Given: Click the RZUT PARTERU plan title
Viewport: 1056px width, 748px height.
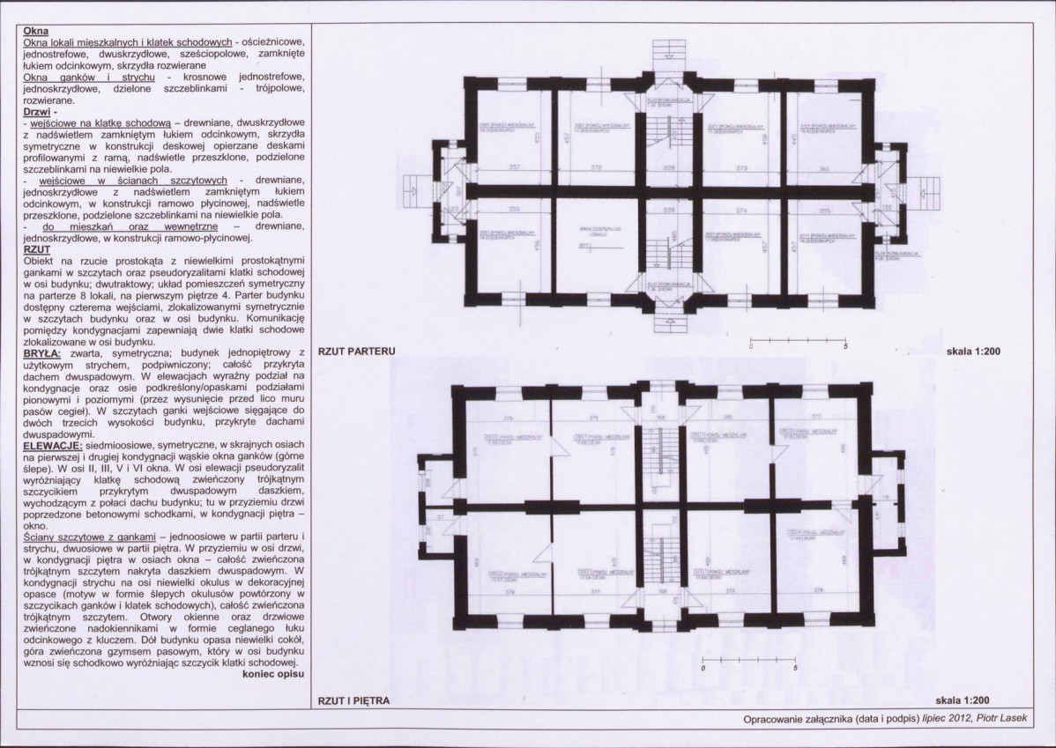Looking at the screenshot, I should pyautogui.click(x=356, y=351).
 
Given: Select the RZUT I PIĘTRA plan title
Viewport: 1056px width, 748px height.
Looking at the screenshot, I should pyautogui.click(x=354, y=701).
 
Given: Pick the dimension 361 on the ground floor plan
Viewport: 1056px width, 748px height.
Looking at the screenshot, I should pyautogui.click(x=824, y=167).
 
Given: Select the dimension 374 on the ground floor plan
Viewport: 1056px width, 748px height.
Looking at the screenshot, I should pyautogui.click(x=742, y=211).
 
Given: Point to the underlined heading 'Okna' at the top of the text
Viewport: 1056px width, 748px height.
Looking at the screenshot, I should pyautogui.click(x=36, y=31).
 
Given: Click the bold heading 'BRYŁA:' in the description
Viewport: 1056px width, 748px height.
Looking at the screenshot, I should pyautogui.click(x=41, y=352).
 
